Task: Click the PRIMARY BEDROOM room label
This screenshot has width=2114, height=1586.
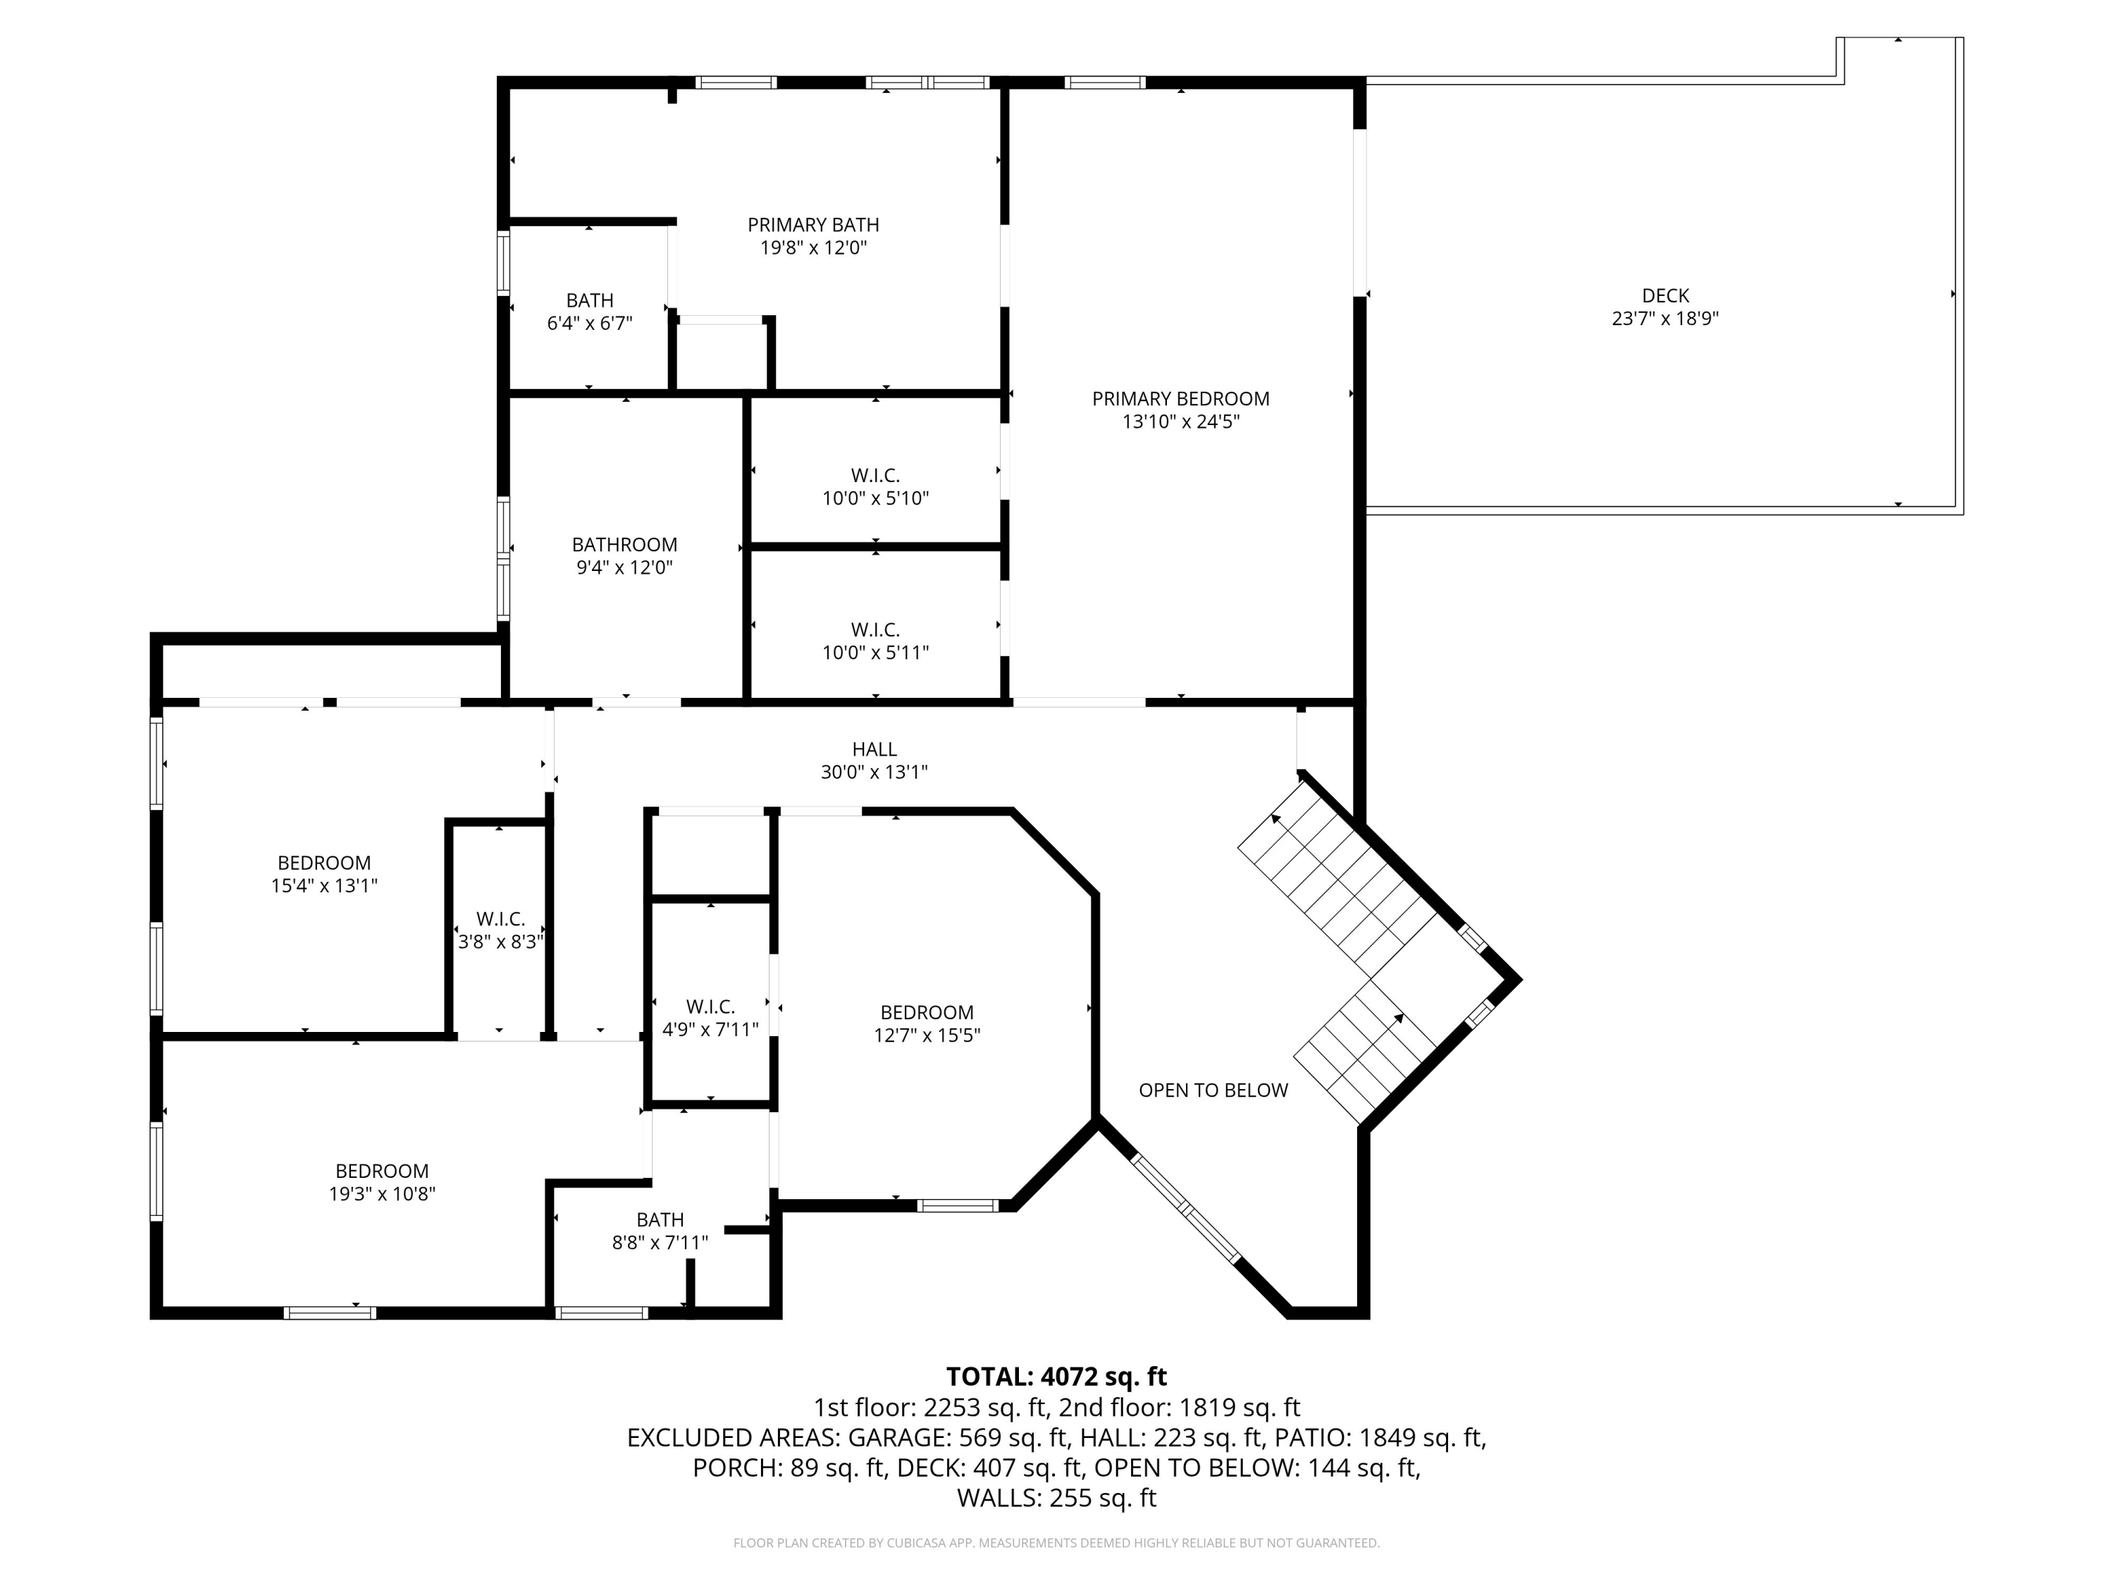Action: [x=1180, y=400]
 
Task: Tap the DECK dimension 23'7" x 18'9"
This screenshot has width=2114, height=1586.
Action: [x=1665, y=319]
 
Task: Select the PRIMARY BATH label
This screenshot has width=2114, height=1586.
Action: [x=812, y=226]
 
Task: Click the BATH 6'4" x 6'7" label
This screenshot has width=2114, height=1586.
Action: [x=590, y=312]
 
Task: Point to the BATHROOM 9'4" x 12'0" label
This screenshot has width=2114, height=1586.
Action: [x=624, y=555]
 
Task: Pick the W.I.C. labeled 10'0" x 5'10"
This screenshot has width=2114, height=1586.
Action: [x=875, y=486]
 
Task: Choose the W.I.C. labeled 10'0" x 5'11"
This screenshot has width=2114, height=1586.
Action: [x=875, y=641]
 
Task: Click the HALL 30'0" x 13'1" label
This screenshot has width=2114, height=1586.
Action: [x=874, y=761]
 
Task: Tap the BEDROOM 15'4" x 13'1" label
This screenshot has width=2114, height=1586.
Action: [x=324, y=874]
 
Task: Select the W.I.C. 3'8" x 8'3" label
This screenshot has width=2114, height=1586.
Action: [x=501, y=930]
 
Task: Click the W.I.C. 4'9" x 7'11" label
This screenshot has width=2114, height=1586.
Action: [x=710, y=1018]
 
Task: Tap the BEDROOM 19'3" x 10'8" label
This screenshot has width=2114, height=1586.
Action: [x=382, y=1181]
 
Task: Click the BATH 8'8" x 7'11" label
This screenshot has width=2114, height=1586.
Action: [x=660, y=1231]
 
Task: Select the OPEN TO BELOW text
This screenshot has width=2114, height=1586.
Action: [x=1213, y=1090]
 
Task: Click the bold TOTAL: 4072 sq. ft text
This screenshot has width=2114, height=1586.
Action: [x=1056, y=1377]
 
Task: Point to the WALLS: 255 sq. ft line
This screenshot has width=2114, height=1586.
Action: [x=1056, y=1498]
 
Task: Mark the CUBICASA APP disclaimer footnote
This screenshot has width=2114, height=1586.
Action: [x=1056, y=1543]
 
